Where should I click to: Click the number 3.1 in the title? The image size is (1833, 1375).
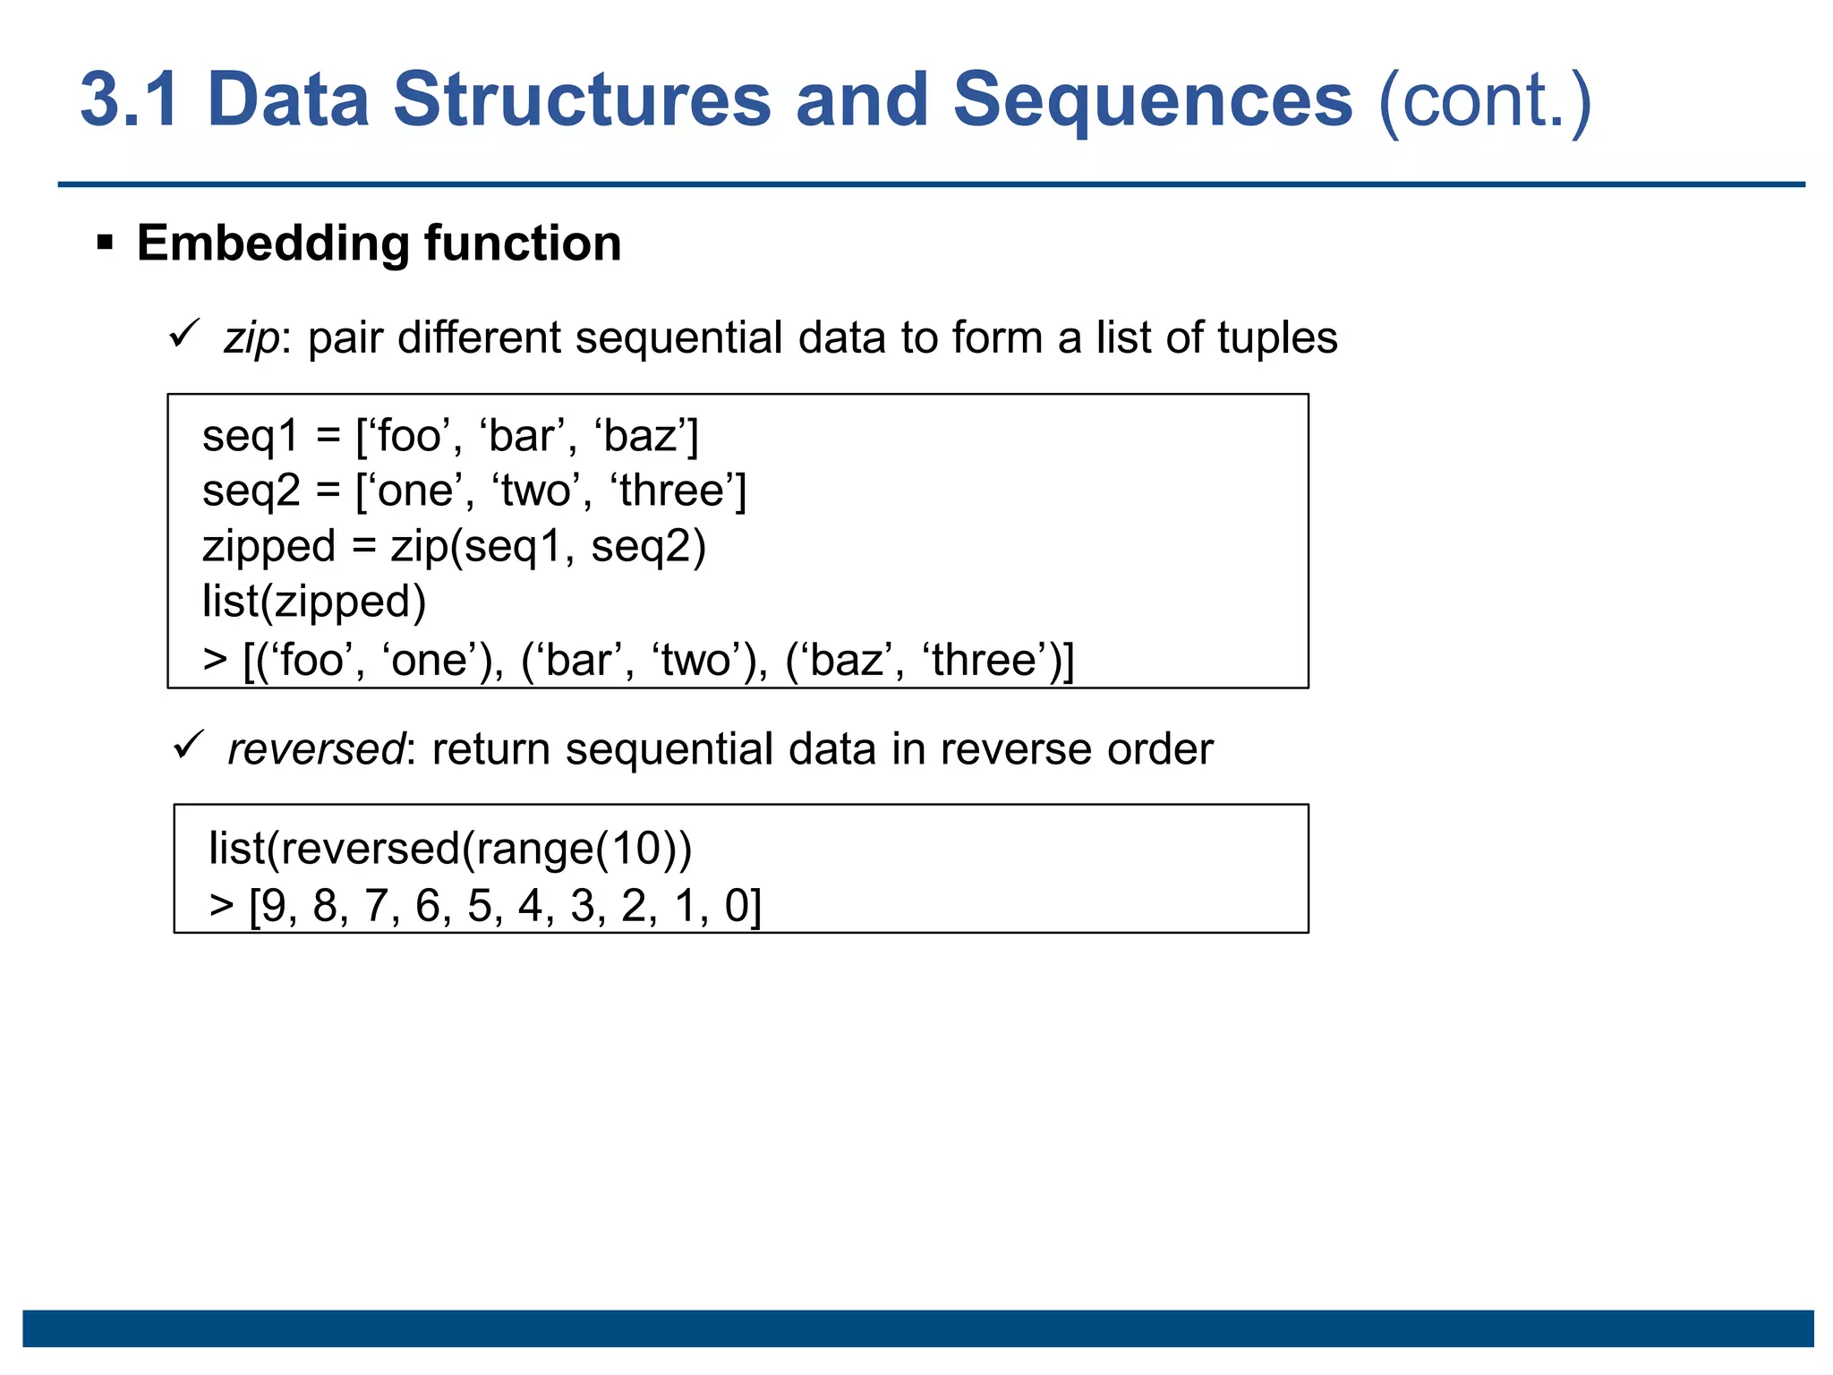130,99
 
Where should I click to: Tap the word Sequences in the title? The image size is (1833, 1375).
1152,99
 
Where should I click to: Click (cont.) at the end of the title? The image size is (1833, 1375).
1485,101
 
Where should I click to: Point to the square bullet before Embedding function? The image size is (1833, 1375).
105,243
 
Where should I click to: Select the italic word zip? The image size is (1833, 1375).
252,339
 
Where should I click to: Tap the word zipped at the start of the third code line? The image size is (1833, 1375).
269,548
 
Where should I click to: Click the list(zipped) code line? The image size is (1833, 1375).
313,602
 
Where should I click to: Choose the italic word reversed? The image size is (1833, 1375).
316,749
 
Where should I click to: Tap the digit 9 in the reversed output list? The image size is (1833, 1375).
274,906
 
